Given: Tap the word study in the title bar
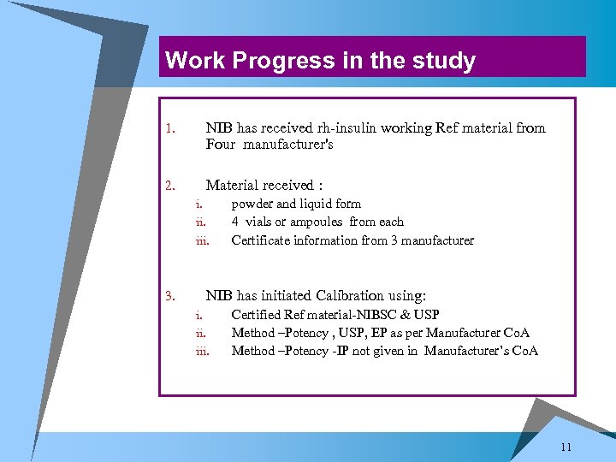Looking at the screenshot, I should [442, 61].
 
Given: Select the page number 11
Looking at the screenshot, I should [566, 447].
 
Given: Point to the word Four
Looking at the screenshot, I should [221, 145].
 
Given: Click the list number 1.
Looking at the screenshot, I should [169, 130].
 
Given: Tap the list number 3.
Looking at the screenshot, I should [169, 297].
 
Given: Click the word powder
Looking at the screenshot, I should [252, 204].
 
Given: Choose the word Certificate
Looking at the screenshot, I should [261, 240].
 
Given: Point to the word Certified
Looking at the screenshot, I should [257, 315].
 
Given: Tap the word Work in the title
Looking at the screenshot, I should [188, 61].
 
